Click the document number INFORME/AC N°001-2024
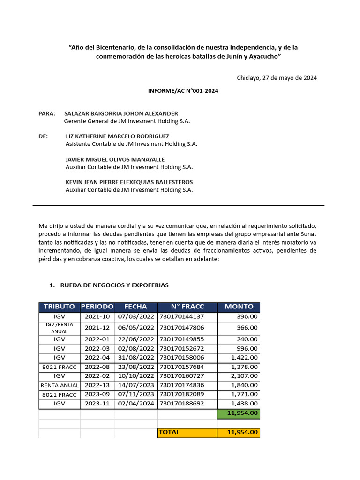[183, 91]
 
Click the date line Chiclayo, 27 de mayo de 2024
[277, 78]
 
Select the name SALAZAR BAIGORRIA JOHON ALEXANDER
[121, 113]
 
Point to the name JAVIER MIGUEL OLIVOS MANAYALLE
[115, 159]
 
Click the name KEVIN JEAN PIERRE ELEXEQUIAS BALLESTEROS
[129, 182]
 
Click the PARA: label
[47, 113]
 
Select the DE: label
[43, 136]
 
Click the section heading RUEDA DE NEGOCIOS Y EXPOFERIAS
[114, 285]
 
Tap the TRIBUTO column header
[59, 307]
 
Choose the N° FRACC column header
[187, 307]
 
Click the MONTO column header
[239, 307]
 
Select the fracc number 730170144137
[182, 317]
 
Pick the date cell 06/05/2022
[135, 328]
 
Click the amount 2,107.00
[244, 376]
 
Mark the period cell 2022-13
[97, 385]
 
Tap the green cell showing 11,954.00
[239, 413]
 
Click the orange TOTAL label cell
[187, 432]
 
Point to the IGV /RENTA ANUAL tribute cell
[59, 328]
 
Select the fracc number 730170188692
[182, 403]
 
